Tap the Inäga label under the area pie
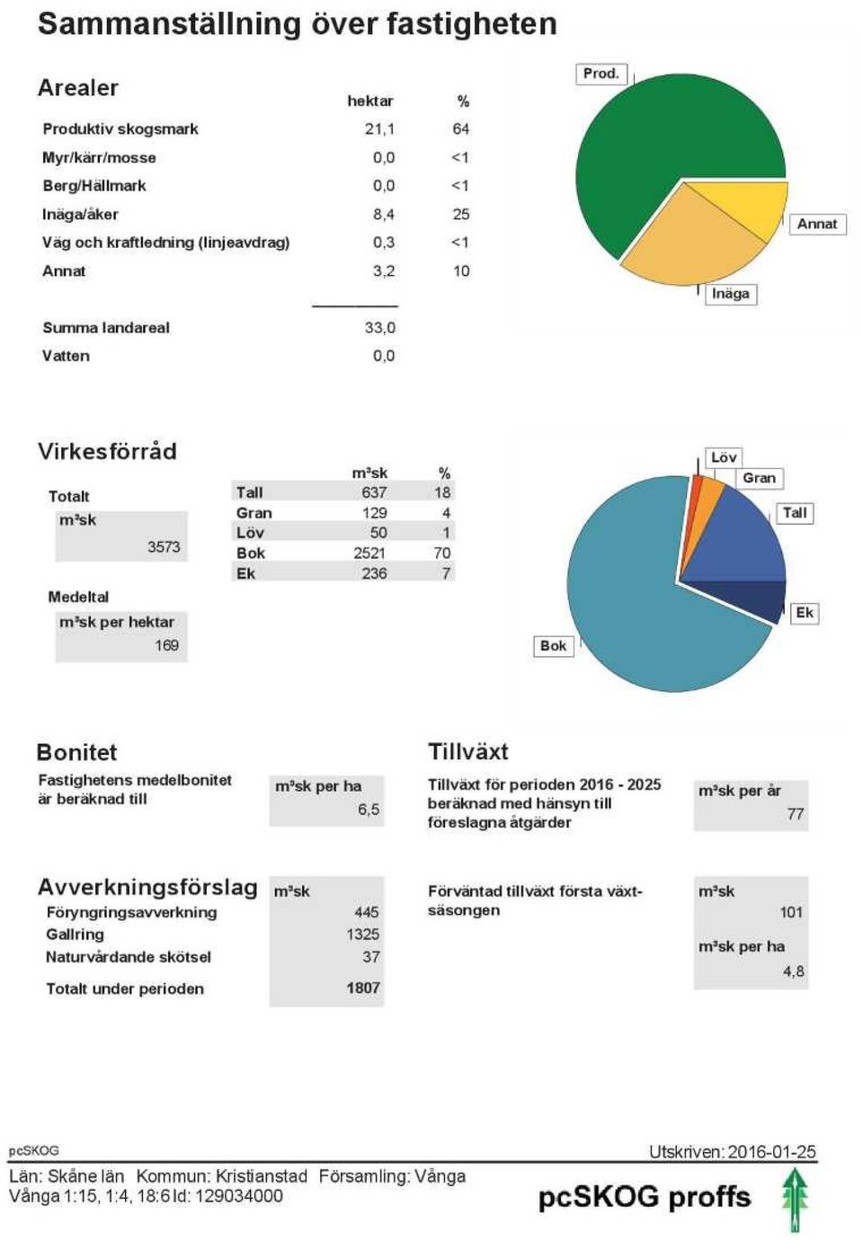point(730,294)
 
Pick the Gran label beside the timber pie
point(759,478)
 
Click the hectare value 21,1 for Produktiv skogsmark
point(379,129)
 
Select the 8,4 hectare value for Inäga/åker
point(384,215)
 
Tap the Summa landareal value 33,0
point(379,328)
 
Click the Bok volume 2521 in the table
point(369,553)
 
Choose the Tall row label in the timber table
point(249,492)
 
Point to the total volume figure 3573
point(164,547)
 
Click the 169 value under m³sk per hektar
point(166,645)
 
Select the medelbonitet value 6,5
point(369,810)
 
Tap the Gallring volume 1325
point(363,935)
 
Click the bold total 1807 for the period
point(363,988)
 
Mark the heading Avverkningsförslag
point(147,888)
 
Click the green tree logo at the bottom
point(796,1201)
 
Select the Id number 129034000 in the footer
point(239,1195)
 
